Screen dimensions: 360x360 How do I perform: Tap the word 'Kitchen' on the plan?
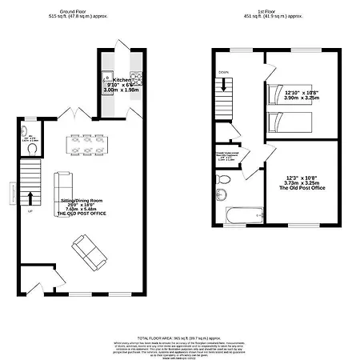(x=121, y=80)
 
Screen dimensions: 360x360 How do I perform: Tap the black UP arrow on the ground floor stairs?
(x=31, y=196)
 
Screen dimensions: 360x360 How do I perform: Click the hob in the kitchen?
(x=135, y=78)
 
